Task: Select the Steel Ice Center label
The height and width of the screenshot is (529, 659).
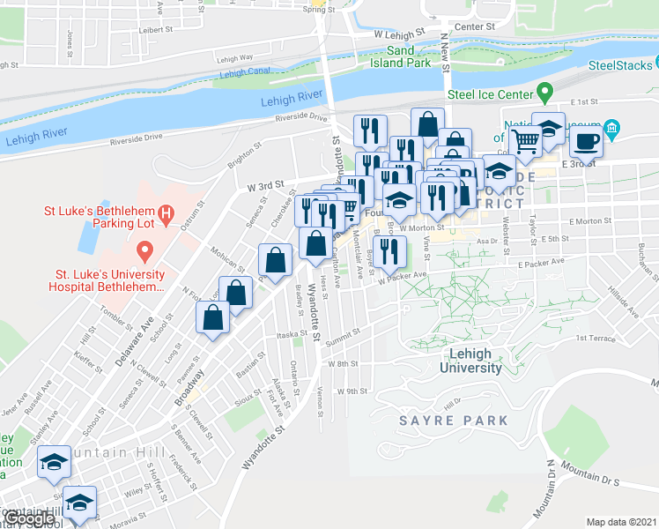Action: (x=491, y=94)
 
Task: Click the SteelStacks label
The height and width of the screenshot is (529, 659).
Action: (x=617, y=64)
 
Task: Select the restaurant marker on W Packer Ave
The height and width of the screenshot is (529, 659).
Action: (x=389, y=251)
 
